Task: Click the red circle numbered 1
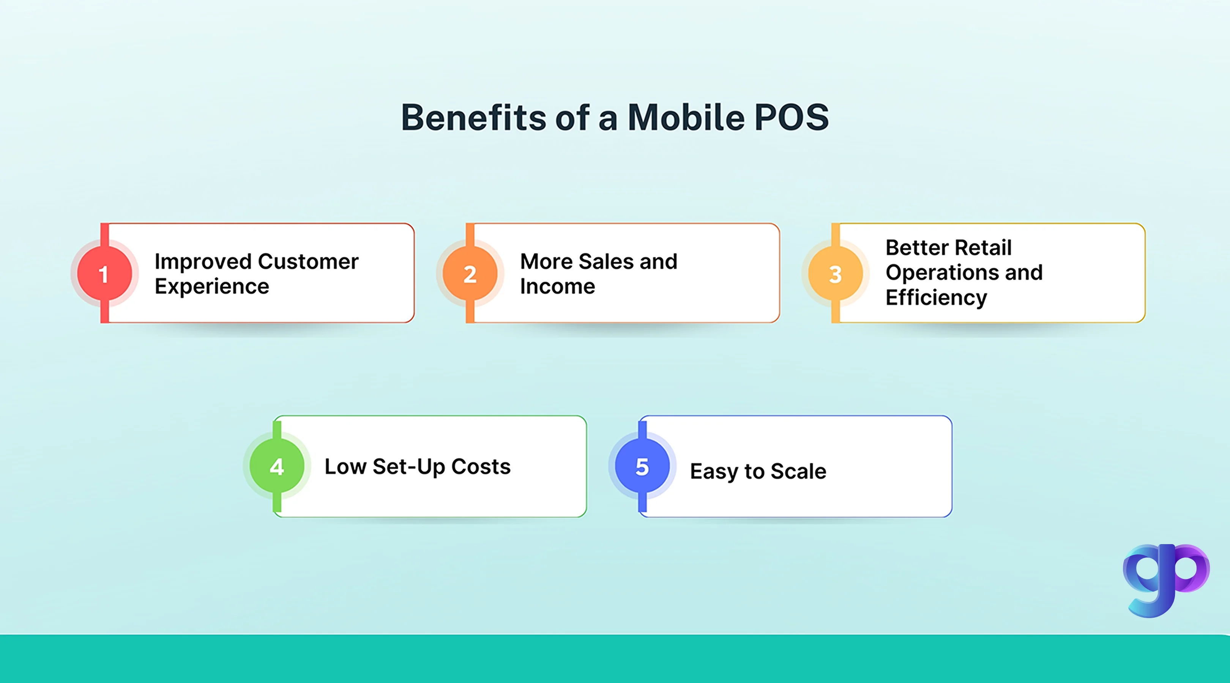[x=104, y=274]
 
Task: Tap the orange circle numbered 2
[x=470, y=274]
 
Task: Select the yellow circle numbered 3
[x=835, y=274]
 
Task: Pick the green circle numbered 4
[x=277, y=466]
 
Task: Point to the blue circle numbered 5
[x=642, y=466]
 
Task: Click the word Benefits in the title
[x=473, y=117]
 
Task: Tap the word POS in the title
[x=791, y=117]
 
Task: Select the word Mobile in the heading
[x=686, y=117]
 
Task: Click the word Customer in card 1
[x=308, y=261]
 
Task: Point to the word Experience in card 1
[x=211, y=286]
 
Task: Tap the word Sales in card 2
[x=606, y=261]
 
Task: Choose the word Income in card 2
[x=557, y=286]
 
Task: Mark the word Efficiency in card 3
[x=936, y=298]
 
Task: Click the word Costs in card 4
[x=481, y=467]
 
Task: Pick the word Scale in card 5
[x=798, y=472]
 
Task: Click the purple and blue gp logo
[x=1165, y=579]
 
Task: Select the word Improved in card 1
[x=202, y=261]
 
